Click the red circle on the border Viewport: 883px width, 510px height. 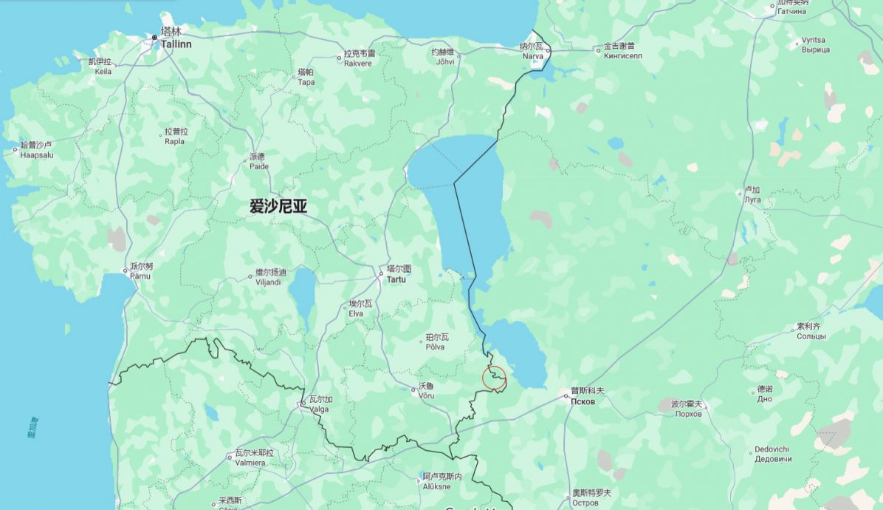click(x=494, y=377)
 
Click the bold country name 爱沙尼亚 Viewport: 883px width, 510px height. click(x=278, y=208)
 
